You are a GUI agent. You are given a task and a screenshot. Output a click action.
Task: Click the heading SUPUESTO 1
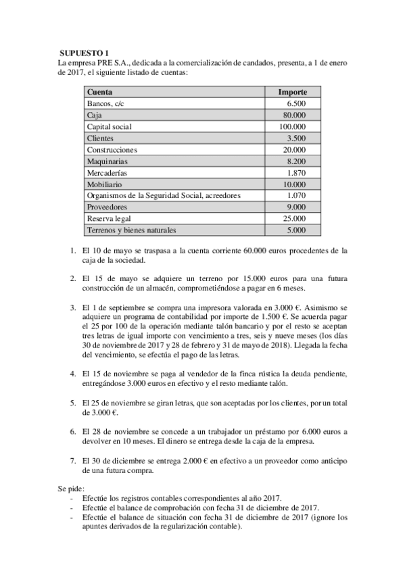[83, 52]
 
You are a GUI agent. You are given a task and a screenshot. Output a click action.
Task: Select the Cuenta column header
[100, 91]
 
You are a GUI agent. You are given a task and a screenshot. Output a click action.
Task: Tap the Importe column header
[293, 91]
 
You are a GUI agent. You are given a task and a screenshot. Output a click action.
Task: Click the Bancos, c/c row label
[106, 104]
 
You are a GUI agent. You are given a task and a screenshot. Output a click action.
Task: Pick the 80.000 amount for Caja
[293, 116]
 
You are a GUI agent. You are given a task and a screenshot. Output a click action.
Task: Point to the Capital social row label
[110, 127]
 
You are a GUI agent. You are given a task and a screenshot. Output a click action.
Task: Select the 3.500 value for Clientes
[296, 139]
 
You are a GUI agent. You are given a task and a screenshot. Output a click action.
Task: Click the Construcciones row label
[112, 150]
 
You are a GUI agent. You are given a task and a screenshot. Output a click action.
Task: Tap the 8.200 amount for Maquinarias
[296, 161]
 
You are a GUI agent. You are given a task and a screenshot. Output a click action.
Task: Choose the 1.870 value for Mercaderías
[296, 173]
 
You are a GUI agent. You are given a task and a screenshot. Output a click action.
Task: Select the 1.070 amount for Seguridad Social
[296, 196]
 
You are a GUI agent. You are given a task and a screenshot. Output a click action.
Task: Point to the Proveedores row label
[108, 207]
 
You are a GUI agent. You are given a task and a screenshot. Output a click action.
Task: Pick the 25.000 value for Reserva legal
[293, 219]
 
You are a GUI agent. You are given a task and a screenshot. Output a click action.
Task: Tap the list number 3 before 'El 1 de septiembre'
[74, 307]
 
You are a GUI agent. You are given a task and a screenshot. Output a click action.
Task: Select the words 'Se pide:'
[72, 487]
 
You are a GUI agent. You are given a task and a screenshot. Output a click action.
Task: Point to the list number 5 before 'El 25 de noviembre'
[74, 403]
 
